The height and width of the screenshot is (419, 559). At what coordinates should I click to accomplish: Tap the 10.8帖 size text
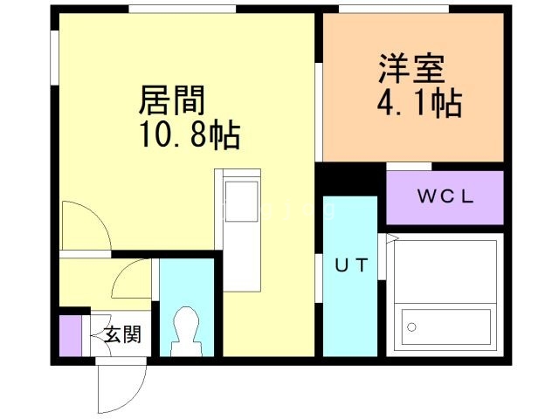coord(187,135)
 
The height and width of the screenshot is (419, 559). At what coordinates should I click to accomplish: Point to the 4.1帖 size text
coord(419,104)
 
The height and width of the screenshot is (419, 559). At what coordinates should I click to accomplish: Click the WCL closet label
coord(445,196)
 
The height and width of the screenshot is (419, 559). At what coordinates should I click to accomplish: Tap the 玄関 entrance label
coord(121,333)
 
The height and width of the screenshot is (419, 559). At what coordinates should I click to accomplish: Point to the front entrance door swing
coord(121,384)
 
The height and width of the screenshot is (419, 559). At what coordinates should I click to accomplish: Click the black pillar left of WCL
coord(350,178)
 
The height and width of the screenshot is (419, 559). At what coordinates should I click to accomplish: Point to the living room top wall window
coord(183,10)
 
